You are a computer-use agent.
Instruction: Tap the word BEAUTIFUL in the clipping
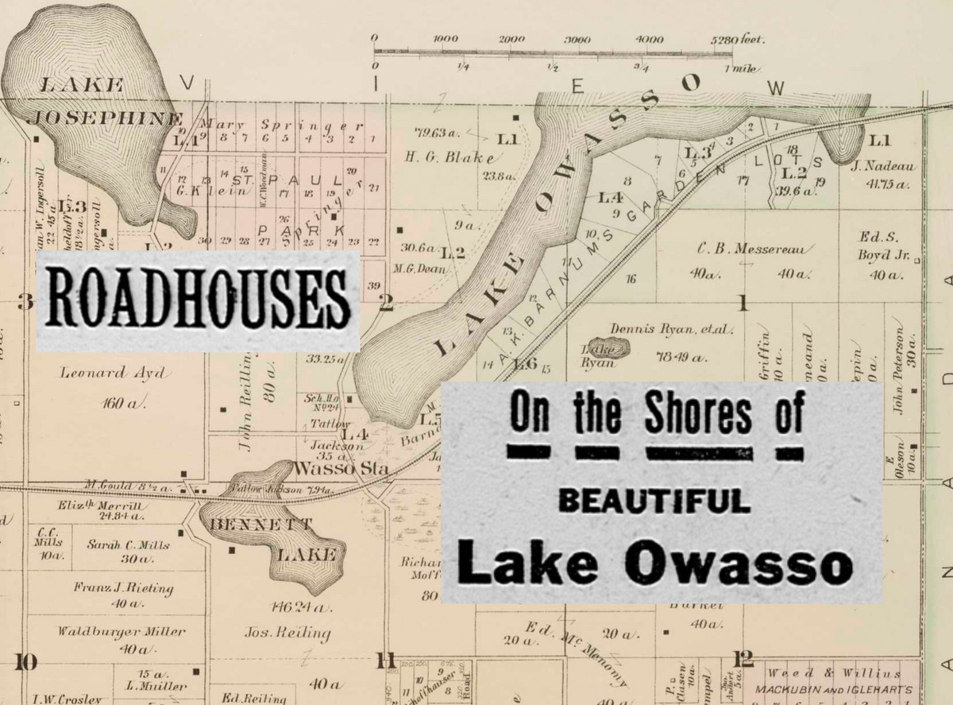point(654,501)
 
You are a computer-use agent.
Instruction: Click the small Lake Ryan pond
point(606,349)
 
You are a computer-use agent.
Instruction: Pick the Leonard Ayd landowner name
point(100,372)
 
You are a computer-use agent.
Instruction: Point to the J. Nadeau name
point(883,166)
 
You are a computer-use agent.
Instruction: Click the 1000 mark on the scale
point(446,39)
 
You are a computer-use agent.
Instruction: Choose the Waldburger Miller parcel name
point(122,632)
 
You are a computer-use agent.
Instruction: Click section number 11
point(386,659)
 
